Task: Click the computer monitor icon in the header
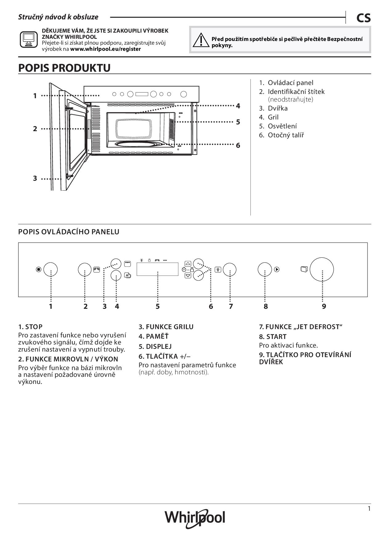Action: click(29, 39)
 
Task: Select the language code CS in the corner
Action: click(364, 18)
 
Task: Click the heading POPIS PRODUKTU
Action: click(64, 68)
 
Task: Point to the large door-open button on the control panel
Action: click(322, 269)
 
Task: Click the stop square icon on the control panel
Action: click(39, 269)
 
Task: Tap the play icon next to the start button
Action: click(277, 269)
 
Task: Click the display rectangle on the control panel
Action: click(157, 269)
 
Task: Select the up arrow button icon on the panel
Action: click(188, 264)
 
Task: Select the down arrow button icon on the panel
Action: click(188, 276)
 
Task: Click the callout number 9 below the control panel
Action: click(324, 306)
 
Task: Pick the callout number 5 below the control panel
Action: click(157, 306)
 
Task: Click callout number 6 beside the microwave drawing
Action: click(238, 145)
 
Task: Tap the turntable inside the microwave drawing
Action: click(136, 144)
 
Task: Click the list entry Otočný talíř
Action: click(286, 135)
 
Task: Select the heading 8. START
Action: click(273, 336)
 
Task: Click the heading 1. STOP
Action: click(30, 327)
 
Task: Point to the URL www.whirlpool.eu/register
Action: click(105, 49)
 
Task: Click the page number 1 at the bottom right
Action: click(369, 509)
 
